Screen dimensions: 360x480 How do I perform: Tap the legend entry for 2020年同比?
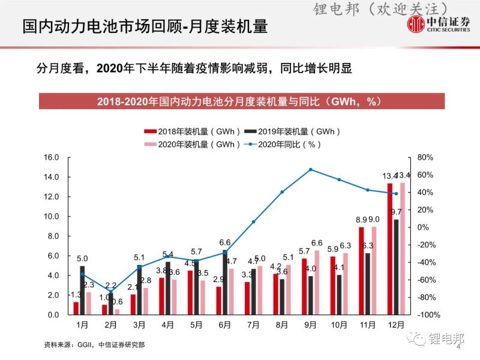tap(286, 144)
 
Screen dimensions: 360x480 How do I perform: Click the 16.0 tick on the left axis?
tap(52, 158)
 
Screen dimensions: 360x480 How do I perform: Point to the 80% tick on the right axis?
tap(425, 158)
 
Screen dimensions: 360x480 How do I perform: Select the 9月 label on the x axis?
tap(310, 325)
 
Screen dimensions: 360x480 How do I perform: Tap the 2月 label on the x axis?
tap(110, 325)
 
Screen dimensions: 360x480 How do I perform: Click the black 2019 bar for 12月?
tap(396, 266)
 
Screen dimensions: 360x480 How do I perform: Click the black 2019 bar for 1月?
tap(82, 290)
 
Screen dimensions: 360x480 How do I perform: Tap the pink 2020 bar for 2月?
tap(117, 311)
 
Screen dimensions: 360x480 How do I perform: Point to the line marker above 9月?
tap(310, 170)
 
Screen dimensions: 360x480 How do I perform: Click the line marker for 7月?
tap(253, 222)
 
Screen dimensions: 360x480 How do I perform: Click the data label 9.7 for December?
tap(396, 212)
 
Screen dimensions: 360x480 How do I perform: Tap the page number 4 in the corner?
tap(458, 346)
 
